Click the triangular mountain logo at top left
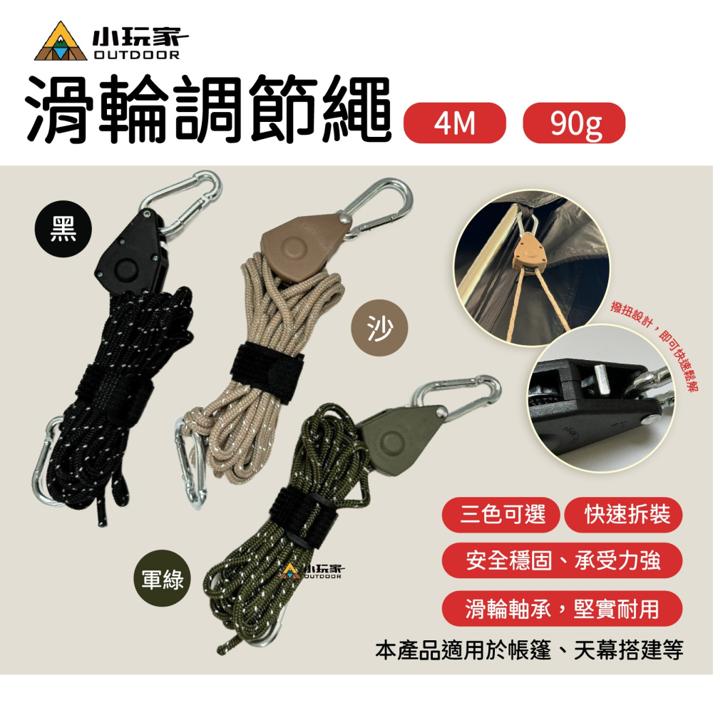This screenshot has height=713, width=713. [x=61, y=42]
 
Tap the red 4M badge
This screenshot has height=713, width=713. [x=455, y=123]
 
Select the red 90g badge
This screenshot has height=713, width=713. [x=574, y=123]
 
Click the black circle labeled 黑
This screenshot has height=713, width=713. [x=63, y=229]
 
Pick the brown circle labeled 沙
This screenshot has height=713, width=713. [x=380, y=327]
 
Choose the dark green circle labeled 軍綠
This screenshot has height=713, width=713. [x=163, y=578]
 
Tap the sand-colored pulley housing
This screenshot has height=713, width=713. [x=303, y=246]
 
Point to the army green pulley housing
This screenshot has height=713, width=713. [x=400, y=438]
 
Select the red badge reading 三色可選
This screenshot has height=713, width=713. [x=501, y=515]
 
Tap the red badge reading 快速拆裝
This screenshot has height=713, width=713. [x=623, y=515]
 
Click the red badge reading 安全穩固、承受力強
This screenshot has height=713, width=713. [x=562, y=560]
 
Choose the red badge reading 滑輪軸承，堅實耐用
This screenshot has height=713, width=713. [x=562, y=608]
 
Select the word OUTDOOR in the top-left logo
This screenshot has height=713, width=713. [x=136, y=55]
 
